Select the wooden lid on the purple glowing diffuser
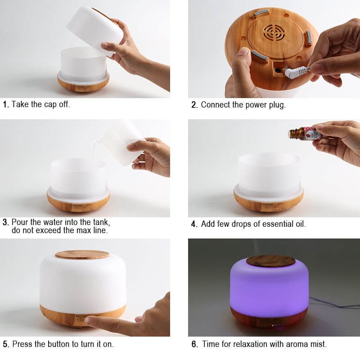click(x=270, y=261)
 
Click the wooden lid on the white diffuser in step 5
click(x=82, y=254)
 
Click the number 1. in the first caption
click(x=6, y=104)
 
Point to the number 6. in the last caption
click(x=194, y=344)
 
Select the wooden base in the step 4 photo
click(x=269, y=203)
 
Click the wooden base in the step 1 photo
click(x=83, y=84)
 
